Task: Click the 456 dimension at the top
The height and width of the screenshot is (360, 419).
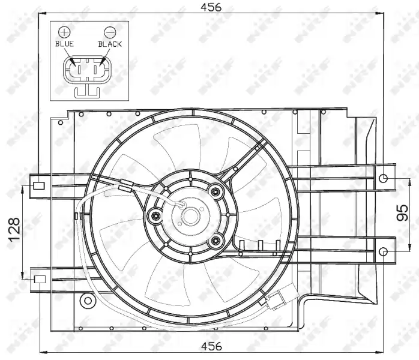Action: (211, 7)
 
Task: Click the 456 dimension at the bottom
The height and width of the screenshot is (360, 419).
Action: (211, 346)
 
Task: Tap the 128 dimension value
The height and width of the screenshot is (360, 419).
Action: (14, 229)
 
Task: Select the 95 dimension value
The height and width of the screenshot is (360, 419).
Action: (402, 213)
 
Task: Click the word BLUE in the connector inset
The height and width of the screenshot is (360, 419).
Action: (64, 44)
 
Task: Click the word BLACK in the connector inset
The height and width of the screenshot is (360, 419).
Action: (110, 44)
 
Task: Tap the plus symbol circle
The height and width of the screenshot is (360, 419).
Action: (64, 32)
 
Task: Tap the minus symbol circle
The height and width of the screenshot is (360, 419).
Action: (110, 32)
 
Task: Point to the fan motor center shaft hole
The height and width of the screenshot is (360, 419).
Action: (190, 216)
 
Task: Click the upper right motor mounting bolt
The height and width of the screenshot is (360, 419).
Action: (216, 191)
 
